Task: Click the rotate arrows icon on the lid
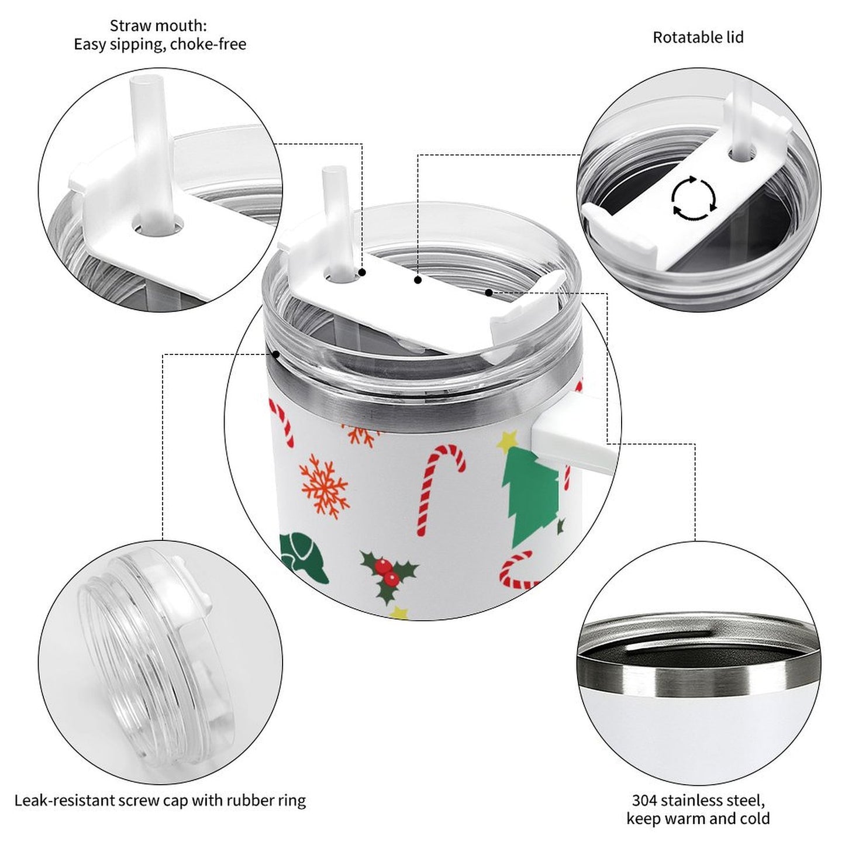694,198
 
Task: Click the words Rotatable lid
698,37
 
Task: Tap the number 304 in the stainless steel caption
644,801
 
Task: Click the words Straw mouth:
158,26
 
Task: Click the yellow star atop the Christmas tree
508,442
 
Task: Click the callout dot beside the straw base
362,273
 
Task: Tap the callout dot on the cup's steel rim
276,353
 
